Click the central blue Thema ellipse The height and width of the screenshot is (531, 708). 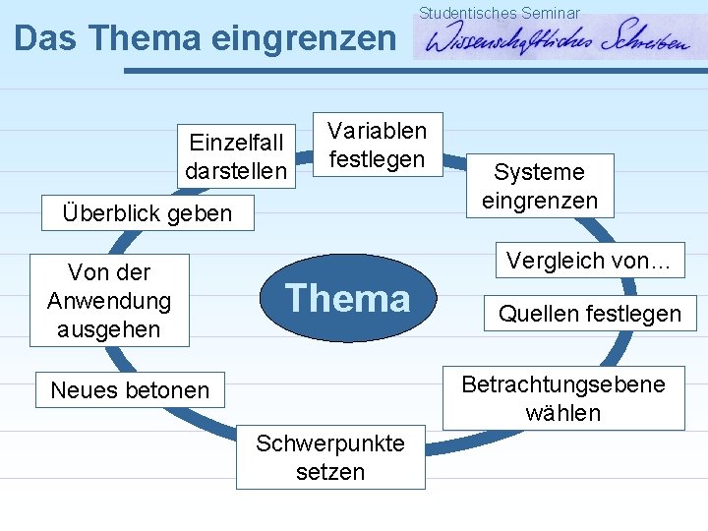tap(347, 298)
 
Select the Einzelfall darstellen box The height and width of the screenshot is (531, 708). tap(236, 157)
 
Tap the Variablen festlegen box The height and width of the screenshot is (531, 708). tap(377, 145)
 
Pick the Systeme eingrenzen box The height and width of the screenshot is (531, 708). tap(539, 186)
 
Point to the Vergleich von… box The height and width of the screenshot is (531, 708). tap(588, 261)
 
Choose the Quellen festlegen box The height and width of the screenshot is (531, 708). tap(589, 314)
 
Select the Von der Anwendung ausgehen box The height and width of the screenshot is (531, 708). tap(109, 300)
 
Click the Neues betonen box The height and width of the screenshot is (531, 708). tap(130, 390)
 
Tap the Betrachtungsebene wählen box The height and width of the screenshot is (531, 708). tap(563, 398)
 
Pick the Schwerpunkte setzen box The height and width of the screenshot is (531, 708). tap(330, 457)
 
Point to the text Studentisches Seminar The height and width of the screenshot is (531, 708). tap(500, 13)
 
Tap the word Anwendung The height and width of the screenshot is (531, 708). tap(109, 300)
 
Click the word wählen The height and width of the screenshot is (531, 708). tap(563, 413)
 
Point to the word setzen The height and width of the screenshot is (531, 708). tap(330, 472)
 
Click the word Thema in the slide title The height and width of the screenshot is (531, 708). tap(147, 37)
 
